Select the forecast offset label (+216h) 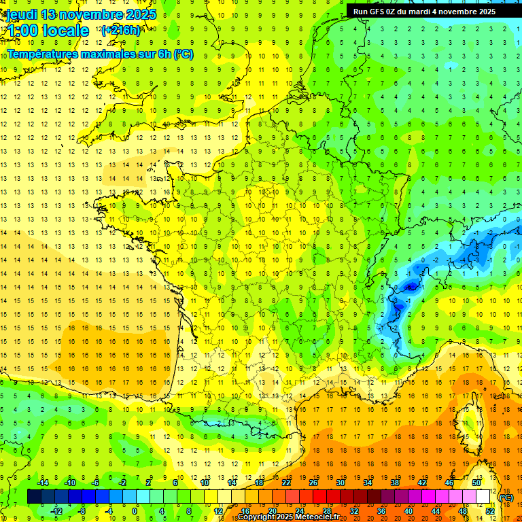coord(121,31)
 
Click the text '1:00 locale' coord(48,31)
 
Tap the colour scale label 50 coord(476,482)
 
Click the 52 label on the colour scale coord(490,510)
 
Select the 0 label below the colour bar coord(135,510)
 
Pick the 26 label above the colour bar coord(313,482)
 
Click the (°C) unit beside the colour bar coord(506,497)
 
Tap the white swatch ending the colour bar coord(483,496)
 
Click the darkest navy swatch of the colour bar coord(34,496)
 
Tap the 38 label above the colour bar coord(394,482)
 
